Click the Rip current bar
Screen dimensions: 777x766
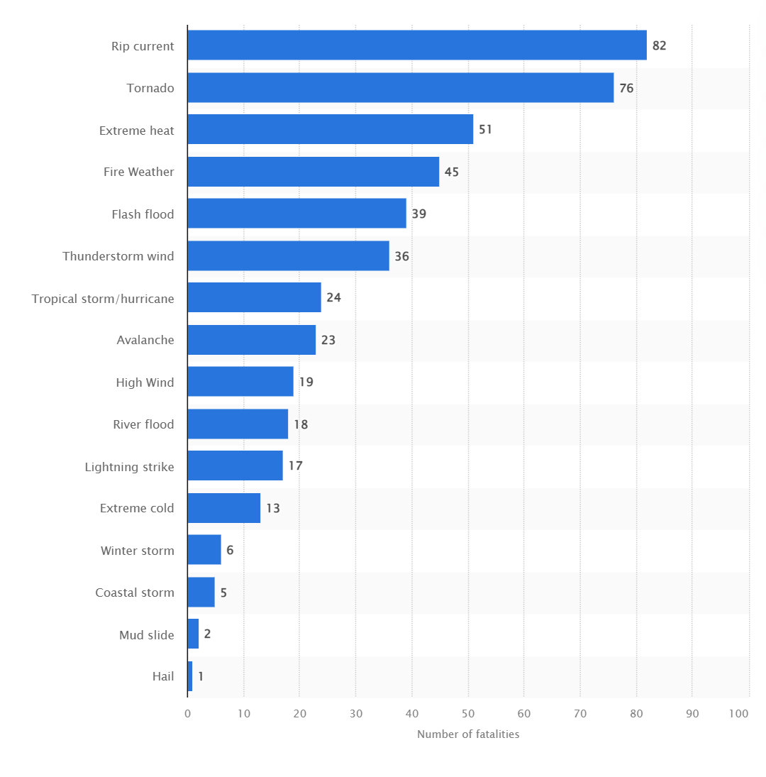pyautogui.click(x=417, y=45)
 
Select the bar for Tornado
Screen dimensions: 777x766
pyautogui.click(x=401, y=87)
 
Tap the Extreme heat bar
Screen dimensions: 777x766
pyautogui.click(x=331, y=129)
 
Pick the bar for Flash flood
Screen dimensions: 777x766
pyautogui.click(x=297, y=214)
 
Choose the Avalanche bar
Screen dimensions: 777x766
pyautogui.click(x=252, y=340)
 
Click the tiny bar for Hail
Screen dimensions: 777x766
pyautogui.click(x=190, y=676)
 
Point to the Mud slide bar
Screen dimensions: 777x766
pyautogui.click(x=193, y=634)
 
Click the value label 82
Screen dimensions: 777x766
pyautogui.click(x=660, y=45)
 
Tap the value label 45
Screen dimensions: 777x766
pyautogui.click(x=452, y=172)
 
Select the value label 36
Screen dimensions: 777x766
pyautogui.click(x=401, y=256)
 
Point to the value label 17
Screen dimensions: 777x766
pyautogui.click(x=295, y=466)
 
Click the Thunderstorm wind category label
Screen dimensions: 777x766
pyautogui.click(x=118, y=256)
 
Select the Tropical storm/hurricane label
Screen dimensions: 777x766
pyautogui.click(x=103, y=298)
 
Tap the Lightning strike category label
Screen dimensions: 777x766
pyautogui.click(x=129, y=466)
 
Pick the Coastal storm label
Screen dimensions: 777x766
pyautogui.click(x=135, y=593)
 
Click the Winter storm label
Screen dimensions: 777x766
pyautogui.click(x=138, y=551)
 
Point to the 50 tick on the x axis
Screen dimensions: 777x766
pyautogui.click(x=468, y=714)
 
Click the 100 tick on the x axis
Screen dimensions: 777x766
pyautogui.click(x=738, y=714)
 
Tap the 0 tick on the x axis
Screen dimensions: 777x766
pyautogui.click(x=188, y=714)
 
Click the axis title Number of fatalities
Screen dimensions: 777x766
pyautogui.click(x=468, y=734)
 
